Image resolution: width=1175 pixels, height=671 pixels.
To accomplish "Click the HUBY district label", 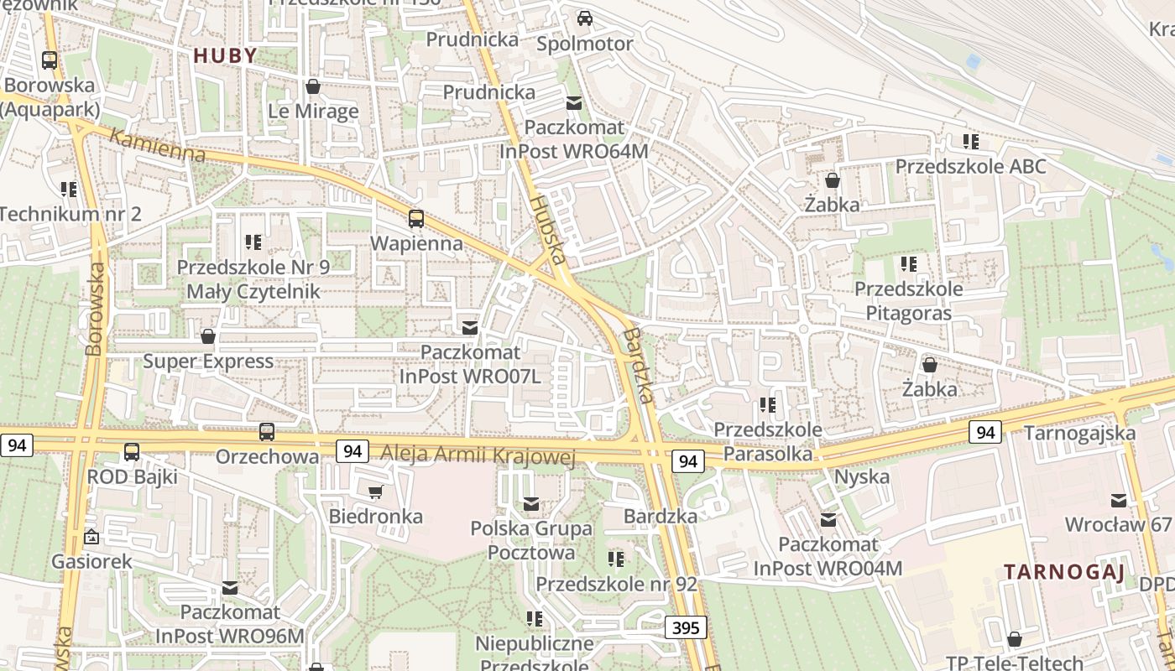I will click(225, 55).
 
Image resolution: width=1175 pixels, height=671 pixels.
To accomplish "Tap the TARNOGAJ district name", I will click(1063, 572).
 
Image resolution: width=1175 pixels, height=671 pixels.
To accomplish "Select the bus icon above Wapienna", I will click(416, 219).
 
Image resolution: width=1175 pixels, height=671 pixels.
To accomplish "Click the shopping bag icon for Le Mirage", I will click(313, 86).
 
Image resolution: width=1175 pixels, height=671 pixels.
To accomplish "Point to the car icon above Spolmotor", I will click(585, 18).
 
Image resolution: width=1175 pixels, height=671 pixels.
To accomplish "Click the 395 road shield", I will click(686, 627).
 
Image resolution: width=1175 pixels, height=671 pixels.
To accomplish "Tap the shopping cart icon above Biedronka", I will click(376, 492).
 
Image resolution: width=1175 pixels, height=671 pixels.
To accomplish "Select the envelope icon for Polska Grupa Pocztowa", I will click(531, 504).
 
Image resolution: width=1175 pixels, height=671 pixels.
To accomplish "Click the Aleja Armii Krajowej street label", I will click(478, 454).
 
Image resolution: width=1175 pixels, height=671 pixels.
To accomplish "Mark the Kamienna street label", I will click(157, 146).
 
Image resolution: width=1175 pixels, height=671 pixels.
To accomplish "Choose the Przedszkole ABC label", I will click(970, 166).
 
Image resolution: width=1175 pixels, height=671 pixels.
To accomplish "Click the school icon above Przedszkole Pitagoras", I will click(908, 264).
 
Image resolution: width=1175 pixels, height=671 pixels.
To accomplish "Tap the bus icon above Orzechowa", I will click(267, 432).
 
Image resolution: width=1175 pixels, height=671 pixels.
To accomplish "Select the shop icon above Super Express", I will click(208, 336).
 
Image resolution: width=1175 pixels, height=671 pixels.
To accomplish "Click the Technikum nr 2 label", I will click(70, 214).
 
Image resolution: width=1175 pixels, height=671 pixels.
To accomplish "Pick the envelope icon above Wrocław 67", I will click(1119, 500).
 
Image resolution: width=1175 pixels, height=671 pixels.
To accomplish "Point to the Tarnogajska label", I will click(1079, 433).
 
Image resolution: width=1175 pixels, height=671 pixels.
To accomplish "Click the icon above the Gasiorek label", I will click(91, 537).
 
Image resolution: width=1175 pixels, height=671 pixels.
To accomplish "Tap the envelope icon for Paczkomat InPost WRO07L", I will click(470, 327).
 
